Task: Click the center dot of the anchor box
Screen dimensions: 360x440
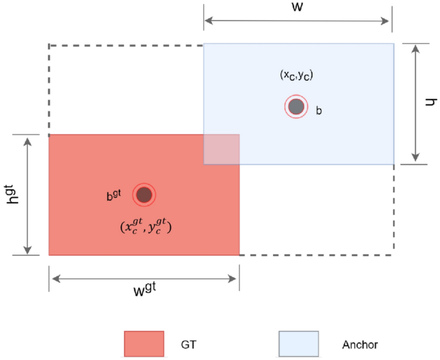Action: click(x=295, y=107)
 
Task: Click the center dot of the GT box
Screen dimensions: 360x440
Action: click(x=144, y=194)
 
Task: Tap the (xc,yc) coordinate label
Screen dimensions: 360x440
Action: click(x=296, y=76)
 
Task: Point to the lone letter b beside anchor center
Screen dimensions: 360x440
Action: click(x=319, y=111)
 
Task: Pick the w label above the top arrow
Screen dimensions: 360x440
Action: click(x=297, y=8)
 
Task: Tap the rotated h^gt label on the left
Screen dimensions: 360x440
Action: click(x=10, y=193)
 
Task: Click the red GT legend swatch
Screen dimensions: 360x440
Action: click(x=144, y=343)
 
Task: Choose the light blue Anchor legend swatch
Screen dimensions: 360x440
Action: click(x=298, y=343)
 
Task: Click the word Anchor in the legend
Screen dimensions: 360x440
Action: click(x=361, y=344)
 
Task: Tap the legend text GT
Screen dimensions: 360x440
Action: click(x=189, y=344)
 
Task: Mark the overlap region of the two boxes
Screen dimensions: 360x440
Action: click(x=222, y=149)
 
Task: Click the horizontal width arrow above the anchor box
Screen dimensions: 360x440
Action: click(x=297, y=22)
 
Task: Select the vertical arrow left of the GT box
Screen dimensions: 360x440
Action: click(x=28, y=195)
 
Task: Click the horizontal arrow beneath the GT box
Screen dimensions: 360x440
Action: click(x=144, y=279)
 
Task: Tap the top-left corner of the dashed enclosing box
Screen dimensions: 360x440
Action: click(x=49, y=46)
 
